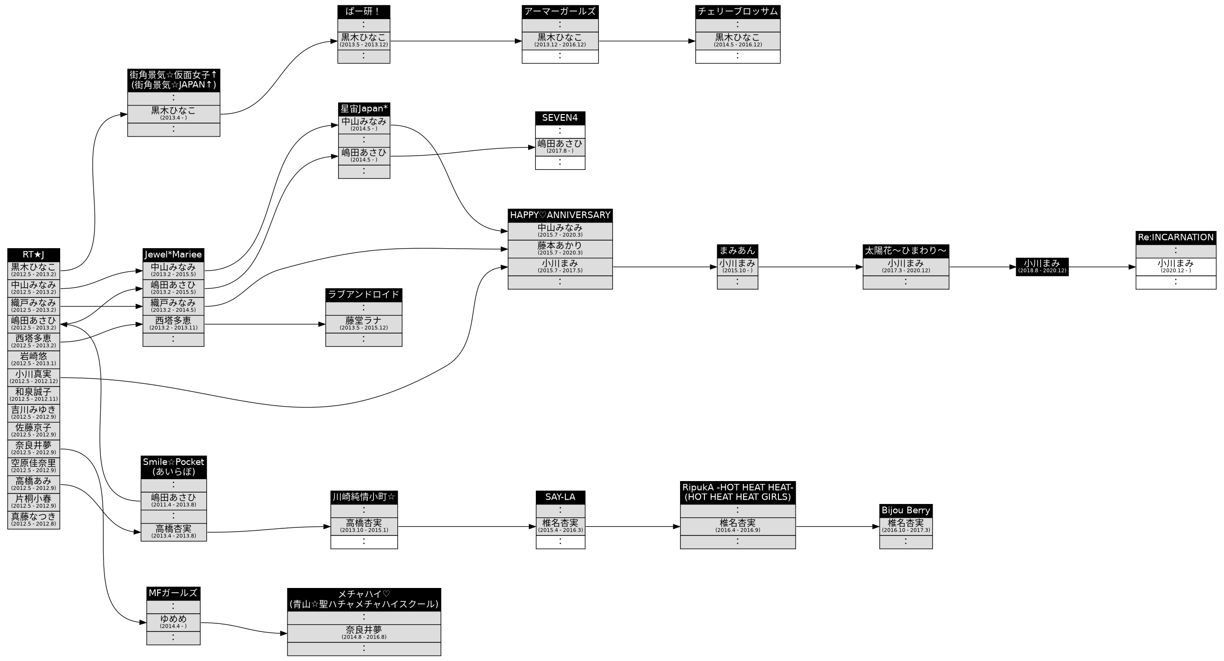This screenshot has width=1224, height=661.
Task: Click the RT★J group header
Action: (33, 255)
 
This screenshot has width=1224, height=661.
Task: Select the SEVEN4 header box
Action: (560, 118)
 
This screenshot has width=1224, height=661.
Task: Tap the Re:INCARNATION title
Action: (1175, 238)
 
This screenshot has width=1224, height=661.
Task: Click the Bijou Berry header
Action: (905, 510)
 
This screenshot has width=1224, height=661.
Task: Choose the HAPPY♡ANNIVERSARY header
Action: (560, 215)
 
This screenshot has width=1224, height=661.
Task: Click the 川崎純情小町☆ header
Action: (363, 497)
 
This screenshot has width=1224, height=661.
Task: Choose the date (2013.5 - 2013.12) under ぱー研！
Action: (363, 45)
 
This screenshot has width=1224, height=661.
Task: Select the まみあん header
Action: (737, 251)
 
